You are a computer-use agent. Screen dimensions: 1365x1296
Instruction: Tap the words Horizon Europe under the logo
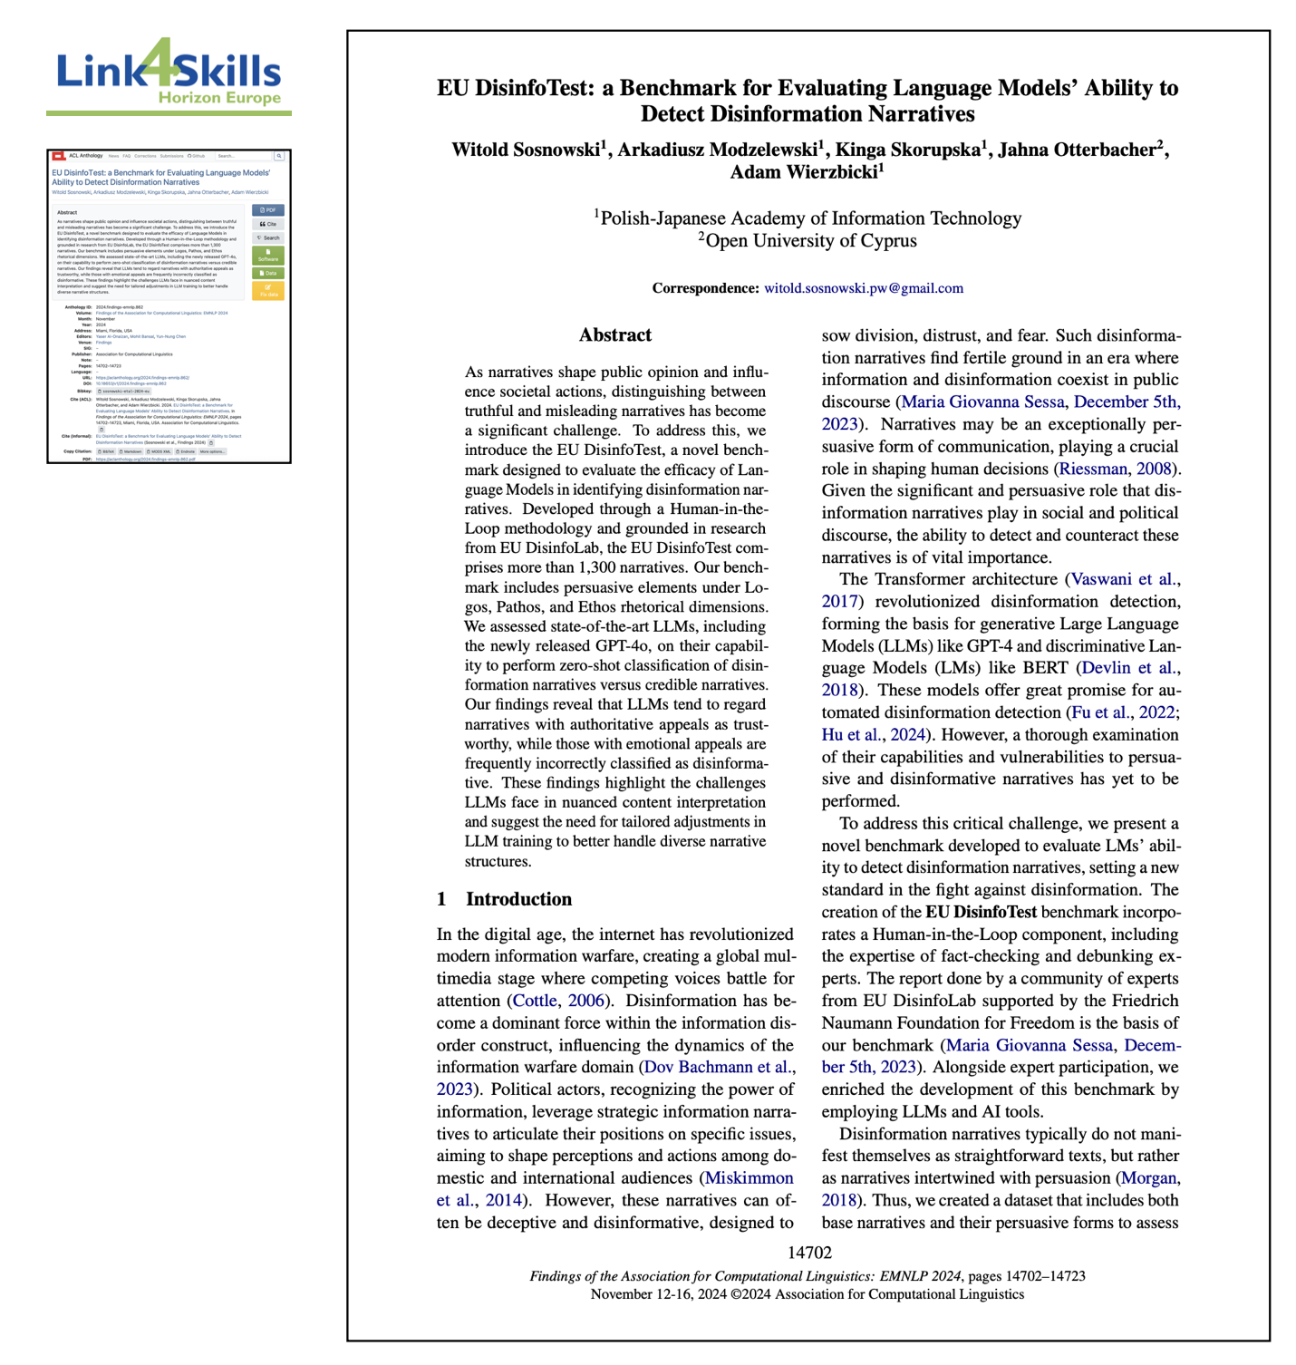point(219,98)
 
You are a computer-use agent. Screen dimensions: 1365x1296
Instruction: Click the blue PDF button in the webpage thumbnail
point(268,210)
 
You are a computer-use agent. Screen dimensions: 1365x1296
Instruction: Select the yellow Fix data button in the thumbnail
point(268,291)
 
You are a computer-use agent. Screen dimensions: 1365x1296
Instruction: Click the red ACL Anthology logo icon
point(59,156)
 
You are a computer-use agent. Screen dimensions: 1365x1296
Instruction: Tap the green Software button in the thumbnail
point(268,256)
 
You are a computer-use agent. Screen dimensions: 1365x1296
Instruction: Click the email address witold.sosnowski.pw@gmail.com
point(863,288)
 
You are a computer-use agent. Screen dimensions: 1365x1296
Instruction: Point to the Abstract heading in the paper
point(615,335)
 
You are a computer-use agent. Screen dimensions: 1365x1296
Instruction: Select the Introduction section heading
point(518,899)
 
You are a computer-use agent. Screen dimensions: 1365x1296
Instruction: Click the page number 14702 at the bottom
point(809,1253)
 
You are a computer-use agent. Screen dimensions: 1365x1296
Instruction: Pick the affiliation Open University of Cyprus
point(810,241)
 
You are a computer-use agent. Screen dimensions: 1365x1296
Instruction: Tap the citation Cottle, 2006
point(558,1001)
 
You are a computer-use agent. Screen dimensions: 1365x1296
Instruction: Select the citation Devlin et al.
point(1128,668)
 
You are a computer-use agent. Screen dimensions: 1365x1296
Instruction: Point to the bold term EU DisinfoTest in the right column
point(981,912)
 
